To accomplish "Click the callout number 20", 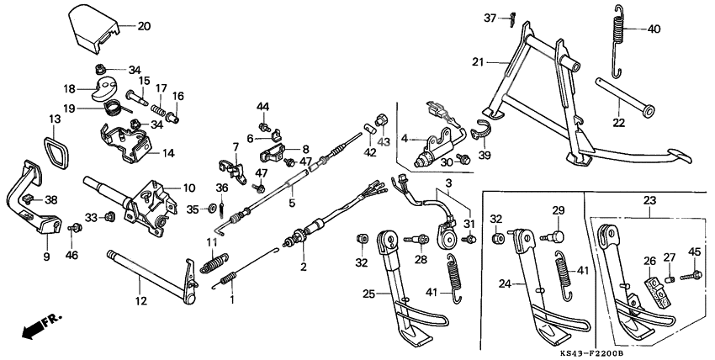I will pos(144,26).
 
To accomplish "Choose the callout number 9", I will pos(45,255).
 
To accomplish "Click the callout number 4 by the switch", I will pos(405,139).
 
